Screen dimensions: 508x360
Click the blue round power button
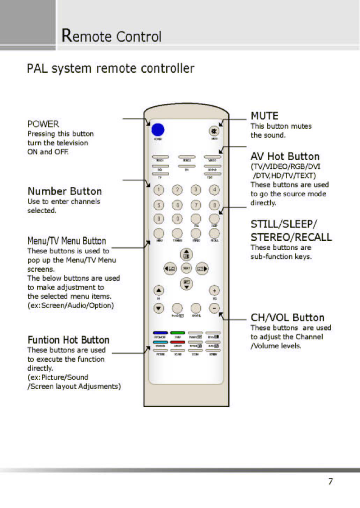(x=157, y=130)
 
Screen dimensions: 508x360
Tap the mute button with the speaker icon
(x=214, y=131)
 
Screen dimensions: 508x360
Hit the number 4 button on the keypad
(x=215, y=189)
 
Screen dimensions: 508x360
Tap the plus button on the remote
(x=215, y=290)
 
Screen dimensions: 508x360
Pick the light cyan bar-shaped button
(x=159, y=342)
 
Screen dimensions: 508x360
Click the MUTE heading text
(x=264, y=116)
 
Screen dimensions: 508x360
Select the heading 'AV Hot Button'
(x=285, y=157)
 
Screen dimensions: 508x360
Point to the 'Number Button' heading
(x=64, y=191)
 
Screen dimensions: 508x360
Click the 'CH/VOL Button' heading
(x=287, y=318)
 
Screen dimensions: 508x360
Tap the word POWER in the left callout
(x=43, y=124)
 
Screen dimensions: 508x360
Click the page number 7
(x=331, y=481)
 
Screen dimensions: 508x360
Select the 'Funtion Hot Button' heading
(x=68, y=340)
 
